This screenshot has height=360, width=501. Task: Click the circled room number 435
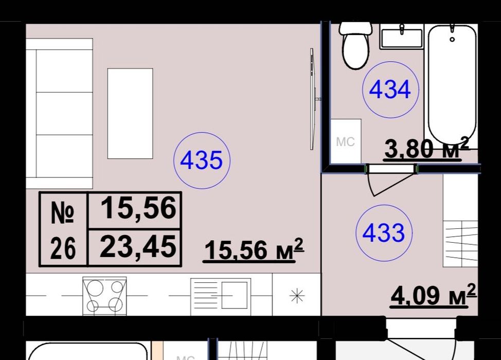[202, 160]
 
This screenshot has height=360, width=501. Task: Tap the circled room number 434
[390, 90]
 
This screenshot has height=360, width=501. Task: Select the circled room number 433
[384, 233]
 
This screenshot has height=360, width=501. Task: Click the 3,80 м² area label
[426, 148]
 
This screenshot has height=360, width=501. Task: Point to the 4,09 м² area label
[433, 296]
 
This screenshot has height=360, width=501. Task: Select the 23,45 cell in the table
[138, 247]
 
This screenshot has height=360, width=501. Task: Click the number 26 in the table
[63, 248]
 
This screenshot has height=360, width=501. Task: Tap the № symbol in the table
[63, 211]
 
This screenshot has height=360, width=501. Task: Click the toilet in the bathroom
[355, 45]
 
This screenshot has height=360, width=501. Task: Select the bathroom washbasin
[402, 37]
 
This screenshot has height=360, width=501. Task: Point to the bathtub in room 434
[452, 85]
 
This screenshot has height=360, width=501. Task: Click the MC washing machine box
[345, 141]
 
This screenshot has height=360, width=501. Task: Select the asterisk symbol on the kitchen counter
[297, 296]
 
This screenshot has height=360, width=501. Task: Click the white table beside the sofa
[130, 113]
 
